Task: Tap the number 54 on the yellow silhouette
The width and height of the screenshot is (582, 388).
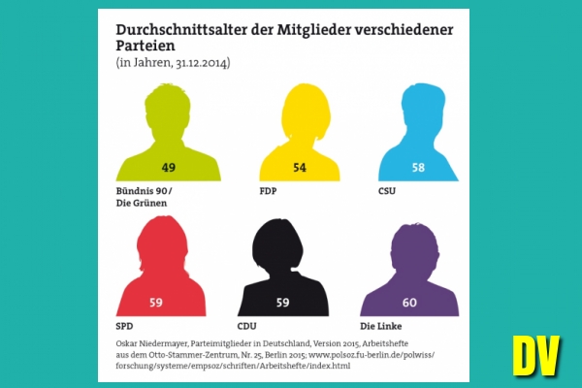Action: (300, 167)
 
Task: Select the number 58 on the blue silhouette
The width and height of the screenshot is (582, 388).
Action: (418, 167)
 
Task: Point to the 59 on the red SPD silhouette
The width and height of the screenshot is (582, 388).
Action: (155, 302)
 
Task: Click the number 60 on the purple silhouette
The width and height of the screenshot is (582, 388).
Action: (409, 302)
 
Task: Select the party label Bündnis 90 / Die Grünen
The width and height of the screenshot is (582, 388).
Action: (142, 197)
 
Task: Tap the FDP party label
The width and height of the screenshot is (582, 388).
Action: (269, 191)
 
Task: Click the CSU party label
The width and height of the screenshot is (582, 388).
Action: (388, 191)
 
